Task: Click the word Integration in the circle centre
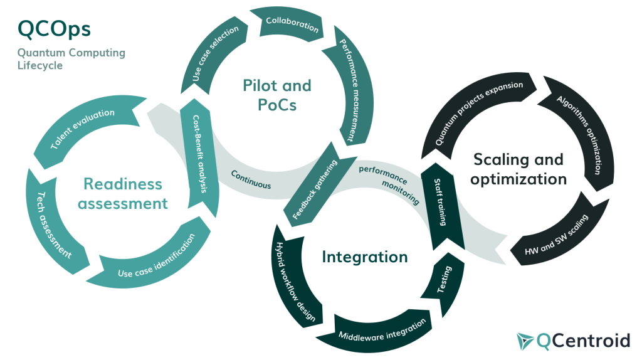[364, 257]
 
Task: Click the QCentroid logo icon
[525, 340]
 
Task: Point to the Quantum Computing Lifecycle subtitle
[71, 59]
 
